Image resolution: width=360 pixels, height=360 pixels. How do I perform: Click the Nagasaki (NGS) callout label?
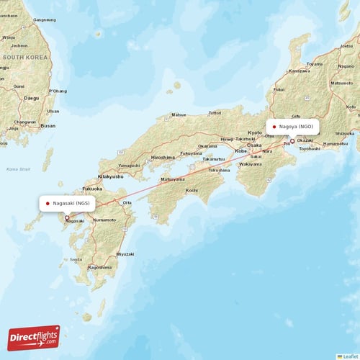tap(68, 204)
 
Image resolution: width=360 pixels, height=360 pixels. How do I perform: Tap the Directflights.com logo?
tap(33, 337)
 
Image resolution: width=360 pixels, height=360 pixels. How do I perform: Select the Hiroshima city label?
tap(162, 157)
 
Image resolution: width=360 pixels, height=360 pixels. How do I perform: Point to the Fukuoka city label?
tap(92, 189)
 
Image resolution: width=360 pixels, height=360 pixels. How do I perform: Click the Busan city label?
tap(48, 125)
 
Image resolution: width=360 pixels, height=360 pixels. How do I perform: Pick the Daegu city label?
tap(31, 97)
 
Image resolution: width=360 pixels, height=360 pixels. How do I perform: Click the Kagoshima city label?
tap(99, 267)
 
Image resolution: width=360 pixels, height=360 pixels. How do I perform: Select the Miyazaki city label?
tap(125, 253)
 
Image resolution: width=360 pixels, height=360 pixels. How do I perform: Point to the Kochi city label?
tap(192, 190)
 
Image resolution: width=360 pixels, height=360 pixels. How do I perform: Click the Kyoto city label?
tap(256, 133)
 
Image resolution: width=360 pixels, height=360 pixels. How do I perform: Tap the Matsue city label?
tap(179, 114)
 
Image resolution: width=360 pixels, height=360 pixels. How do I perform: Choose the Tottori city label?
tap(215, 113)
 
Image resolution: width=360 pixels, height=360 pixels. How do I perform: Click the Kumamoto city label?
tap(104, 220)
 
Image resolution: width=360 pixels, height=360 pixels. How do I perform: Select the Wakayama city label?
tap(251, 164)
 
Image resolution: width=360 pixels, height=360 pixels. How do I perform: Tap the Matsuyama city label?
tap(173, 179)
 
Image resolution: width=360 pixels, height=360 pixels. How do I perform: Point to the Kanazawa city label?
tap(299, 71)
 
